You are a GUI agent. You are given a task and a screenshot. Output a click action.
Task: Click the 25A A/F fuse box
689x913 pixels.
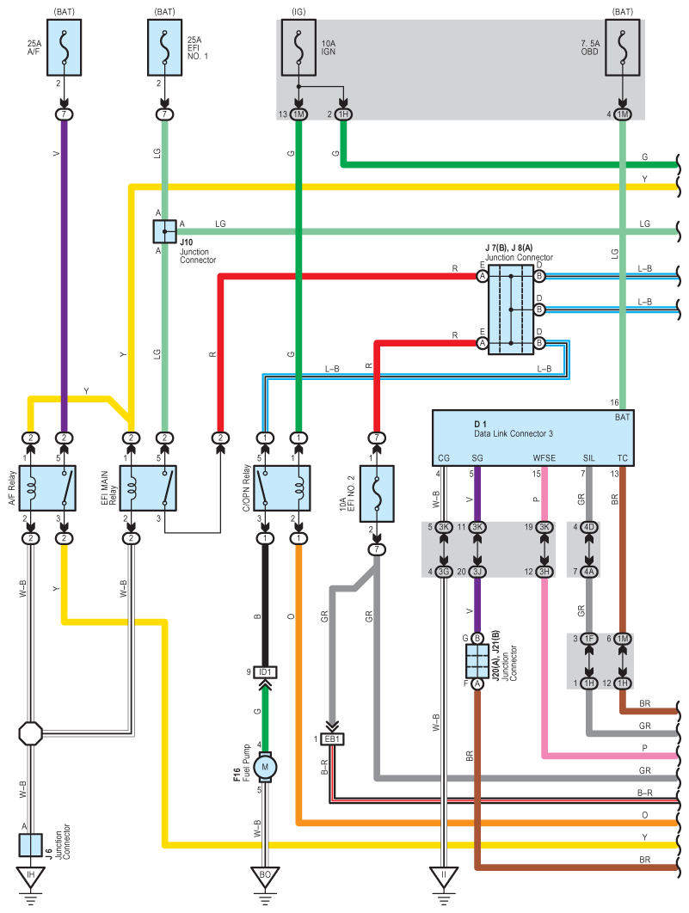64,48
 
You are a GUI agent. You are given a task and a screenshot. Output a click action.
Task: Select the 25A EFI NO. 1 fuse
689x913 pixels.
165,48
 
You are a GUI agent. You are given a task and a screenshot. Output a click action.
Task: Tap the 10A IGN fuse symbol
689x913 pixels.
298,48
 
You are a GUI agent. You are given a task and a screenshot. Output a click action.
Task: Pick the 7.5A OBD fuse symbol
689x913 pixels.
623,48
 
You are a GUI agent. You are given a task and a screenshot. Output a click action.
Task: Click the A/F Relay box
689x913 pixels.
47,488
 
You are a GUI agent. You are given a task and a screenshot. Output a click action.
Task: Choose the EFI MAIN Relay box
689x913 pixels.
148,488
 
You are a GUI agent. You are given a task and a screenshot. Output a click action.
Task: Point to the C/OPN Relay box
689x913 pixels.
282,488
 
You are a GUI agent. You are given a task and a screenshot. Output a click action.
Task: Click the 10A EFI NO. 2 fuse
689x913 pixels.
377,493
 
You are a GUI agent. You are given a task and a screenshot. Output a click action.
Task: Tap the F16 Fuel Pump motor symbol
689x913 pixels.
265,767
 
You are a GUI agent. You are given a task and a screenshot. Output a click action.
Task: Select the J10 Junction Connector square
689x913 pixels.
165,232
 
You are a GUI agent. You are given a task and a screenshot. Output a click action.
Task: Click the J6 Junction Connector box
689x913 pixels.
30,845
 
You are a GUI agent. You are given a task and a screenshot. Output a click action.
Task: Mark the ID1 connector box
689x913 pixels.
265,672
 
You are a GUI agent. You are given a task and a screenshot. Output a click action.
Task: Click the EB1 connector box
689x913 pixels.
332,738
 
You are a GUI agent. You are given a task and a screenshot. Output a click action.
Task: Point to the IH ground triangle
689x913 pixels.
30,878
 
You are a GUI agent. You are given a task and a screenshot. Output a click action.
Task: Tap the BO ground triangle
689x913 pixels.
265,878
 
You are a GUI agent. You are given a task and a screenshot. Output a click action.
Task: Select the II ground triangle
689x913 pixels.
444,878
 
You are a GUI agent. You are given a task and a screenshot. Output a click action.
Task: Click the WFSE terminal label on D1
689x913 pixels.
544,458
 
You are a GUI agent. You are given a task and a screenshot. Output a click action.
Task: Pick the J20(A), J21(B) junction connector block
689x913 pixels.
477,661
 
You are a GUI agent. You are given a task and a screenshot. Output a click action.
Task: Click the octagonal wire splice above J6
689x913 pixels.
30,733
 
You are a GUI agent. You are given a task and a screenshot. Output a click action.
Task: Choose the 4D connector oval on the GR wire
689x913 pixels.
589,527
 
